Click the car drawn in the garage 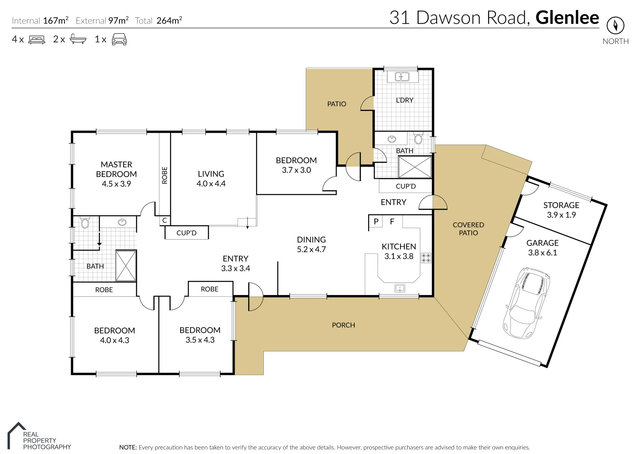coord(527,303)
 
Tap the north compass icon coord(616,25)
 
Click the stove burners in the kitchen coord(426,258)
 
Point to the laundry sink coord(402,77)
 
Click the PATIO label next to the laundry coord(337,104)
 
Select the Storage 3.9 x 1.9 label coord(561,210)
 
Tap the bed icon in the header coord(37,40)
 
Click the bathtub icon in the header coord(78,39)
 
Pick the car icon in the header coord(119,39)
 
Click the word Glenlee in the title coord(567,18)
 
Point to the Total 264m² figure coord(158,21)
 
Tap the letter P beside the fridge coord(376,221)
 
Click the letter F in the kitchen coord(392,221)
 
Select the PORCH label coord(343,325)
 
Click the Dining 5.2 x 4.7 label coord(311,244)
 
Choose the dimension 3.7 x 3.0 coord(296,170)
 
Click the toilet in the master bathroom coord(85,222)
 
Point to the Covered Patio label coord(468,229)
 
